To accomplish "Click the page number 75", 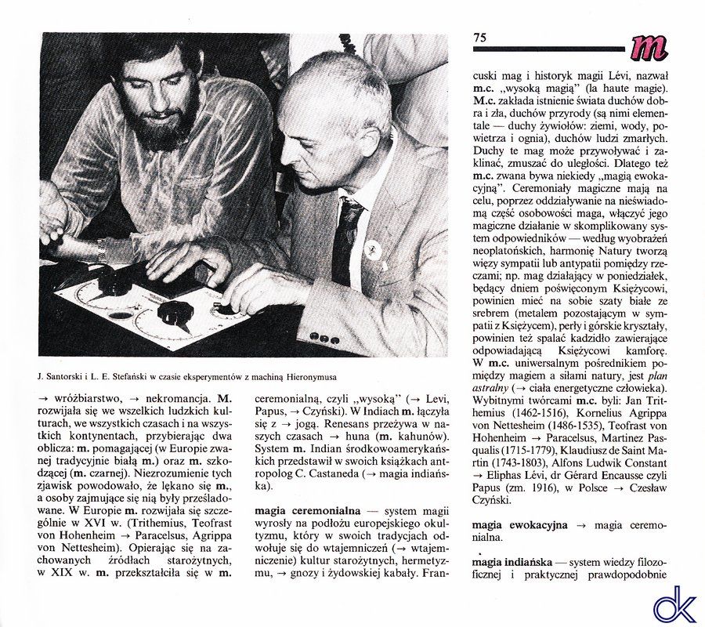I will point(480,37).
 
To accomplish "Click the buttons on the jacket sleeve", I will point(323,337).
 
